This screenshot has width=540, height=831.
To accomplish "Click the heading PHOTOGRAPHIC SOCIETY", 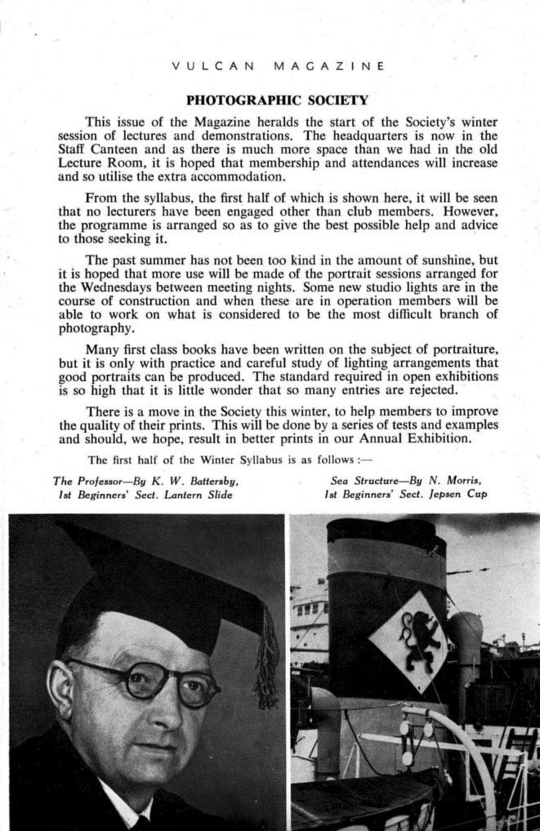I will pyautogui.click(x=277, y=101).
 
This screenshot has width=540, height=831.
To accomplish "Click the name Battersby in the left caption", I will pyautogui.click(x=203, y=481).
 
